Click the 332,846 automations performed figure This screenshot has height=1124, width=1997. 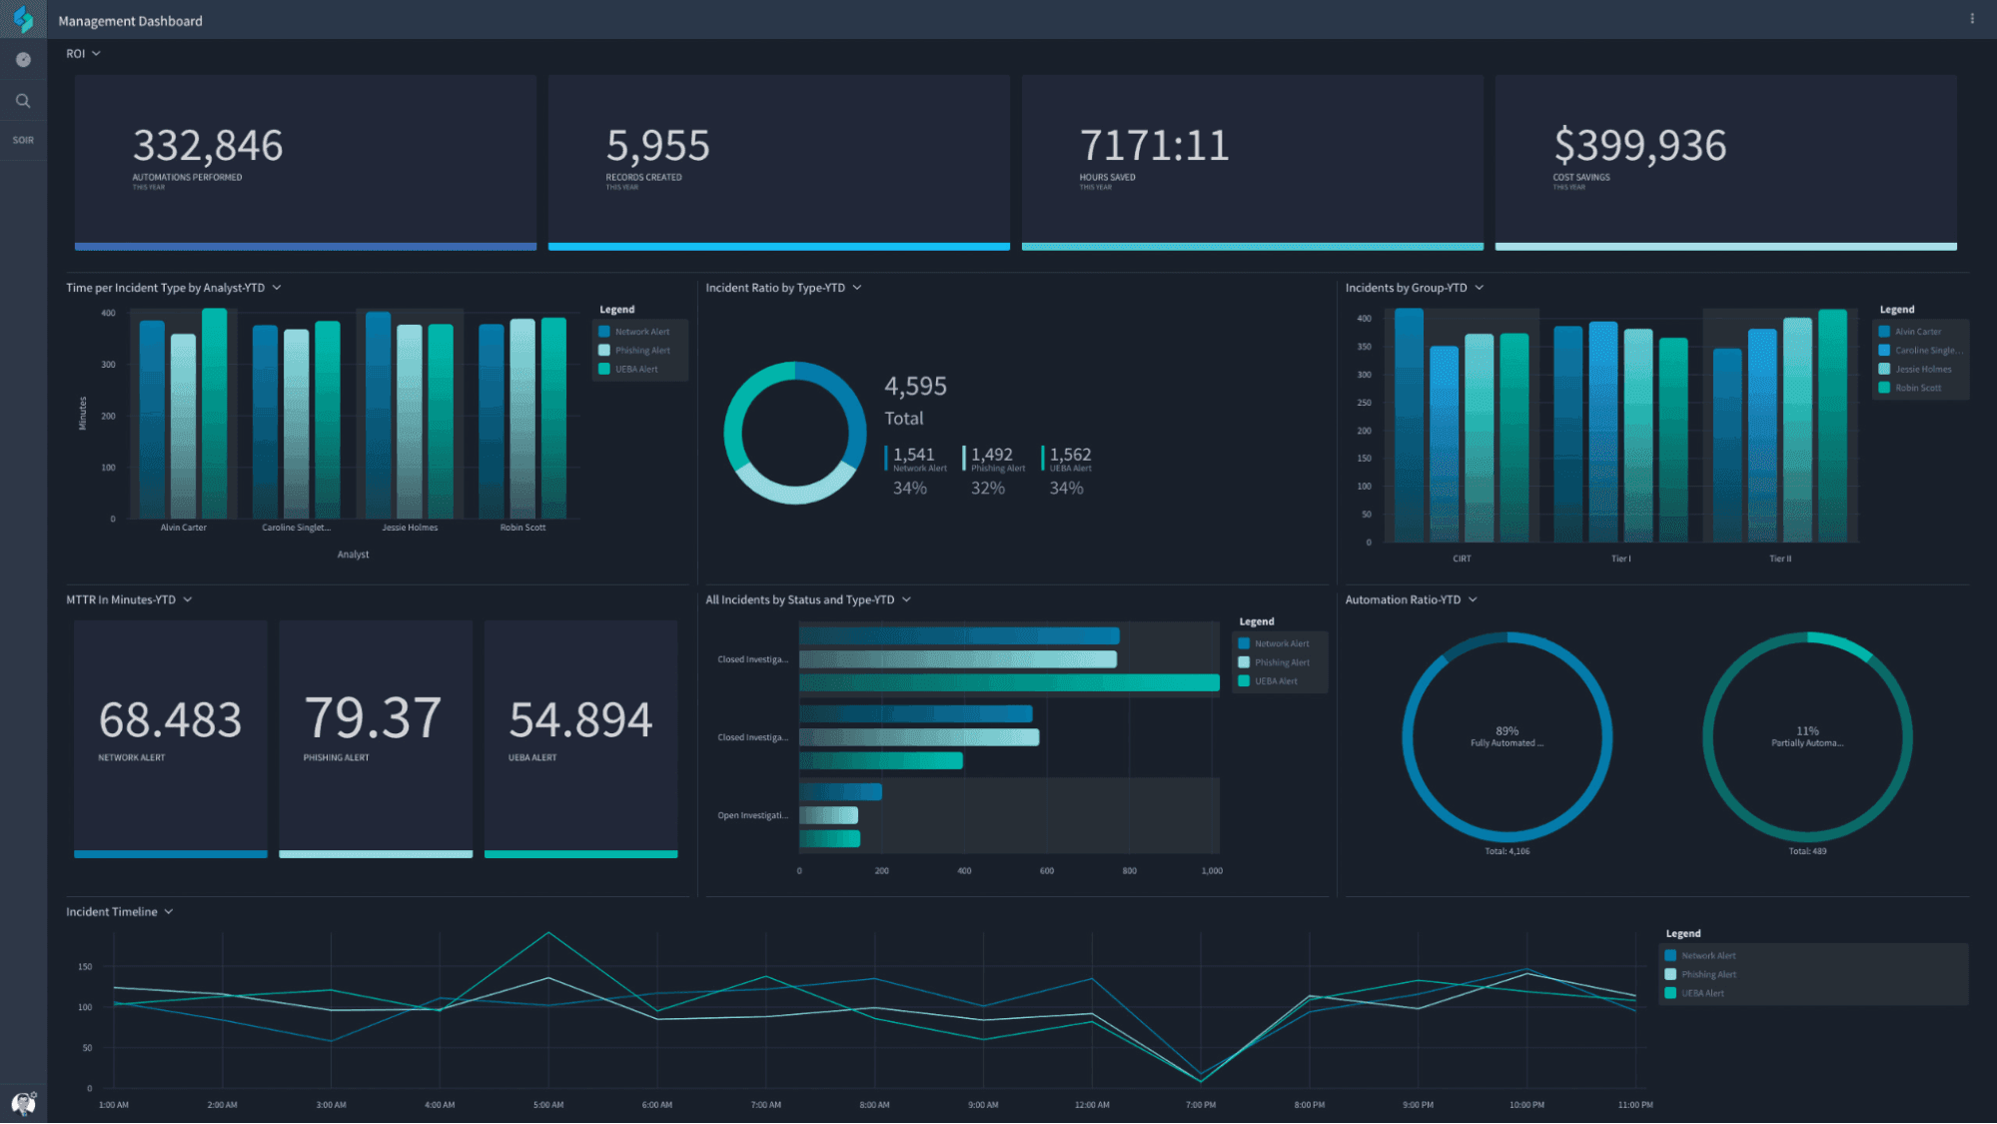(x=208, y=146)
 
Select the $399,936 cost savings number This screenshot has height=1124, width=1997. (x=1639, y=146)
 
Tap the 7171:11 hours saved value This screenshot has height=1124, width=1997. (x=1154, y=146)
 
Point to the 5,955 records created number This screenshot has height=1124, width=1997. (x=657, y=146)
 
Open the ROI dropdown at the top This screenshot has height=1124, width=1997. (x=83, y=54)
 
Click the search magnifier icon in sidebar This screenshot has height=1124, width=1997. (x=23, y=101)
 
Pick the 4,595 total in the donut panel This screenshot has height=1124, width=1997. (x=915, y=386)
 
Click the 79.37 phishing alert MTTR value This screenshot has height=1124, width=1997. (x=373, y=718)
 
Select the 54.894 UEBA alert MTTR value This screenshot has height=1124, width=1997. (x=580, y=719)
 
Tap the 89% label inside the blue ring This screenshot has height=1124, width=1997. (x=1506, y=731)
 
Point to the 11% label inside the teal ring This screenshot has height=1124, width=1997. (x=1807, y=731)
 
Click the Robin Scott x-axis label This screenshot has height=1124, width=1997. (x=522, y=528)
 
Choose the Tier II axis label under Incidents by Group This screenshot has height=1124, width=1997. (x=1780, y=559)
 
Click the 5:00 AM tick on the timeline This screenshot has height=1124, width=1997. (x=548, y=1105)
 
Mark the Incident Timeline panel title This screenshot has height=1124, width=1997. (x=112, y=912)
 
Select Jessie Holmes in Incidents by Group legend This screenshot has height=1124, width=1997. (x=1922, y=370)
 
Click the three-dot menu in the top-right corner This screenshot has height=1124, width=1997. (x=1972, y=19)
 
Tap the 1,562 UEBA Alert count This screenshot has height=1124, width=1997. (x=1070, y=455)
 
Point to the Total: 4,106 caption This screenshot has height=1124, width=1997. (x=1506, y=851)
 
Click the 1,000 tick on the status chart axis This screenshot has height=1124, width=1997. (x=1212, y=871)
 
